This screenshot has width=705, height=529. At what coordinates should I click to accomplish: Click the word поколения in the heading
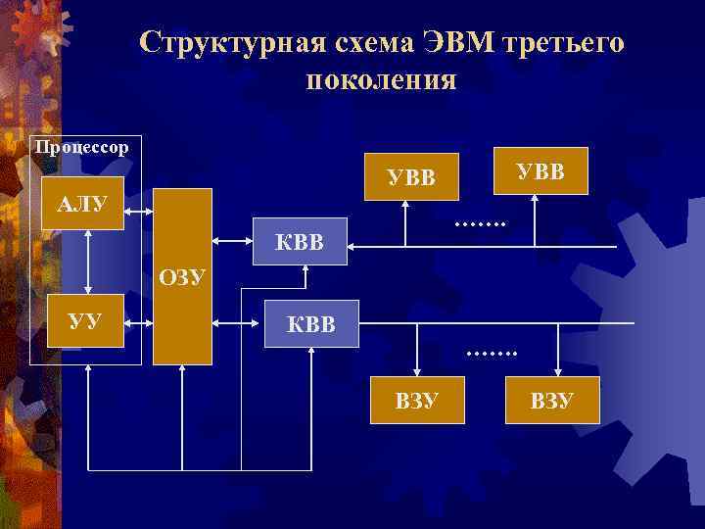point(381,80)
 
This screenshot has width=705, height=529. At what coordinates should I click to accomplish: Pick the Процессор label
point(81,148)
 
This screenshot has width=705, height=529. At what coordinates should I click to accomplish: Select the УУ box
point(88,319)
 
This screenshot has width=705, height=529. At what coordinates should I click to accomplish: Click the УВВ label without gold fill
point(411,177)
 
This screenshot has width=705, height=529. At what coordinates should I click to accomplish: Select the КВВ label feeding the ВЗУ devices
point(312,322)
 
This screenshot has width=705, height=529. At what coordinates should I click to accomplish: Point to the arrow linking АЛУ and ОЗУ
point(138,205)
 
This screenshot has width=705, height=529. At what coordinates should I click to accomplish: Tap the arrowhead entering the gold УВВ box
point(535,201)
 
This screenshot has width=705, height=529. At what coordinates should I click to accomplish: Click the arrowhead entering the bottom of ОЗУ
point(183,371)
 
